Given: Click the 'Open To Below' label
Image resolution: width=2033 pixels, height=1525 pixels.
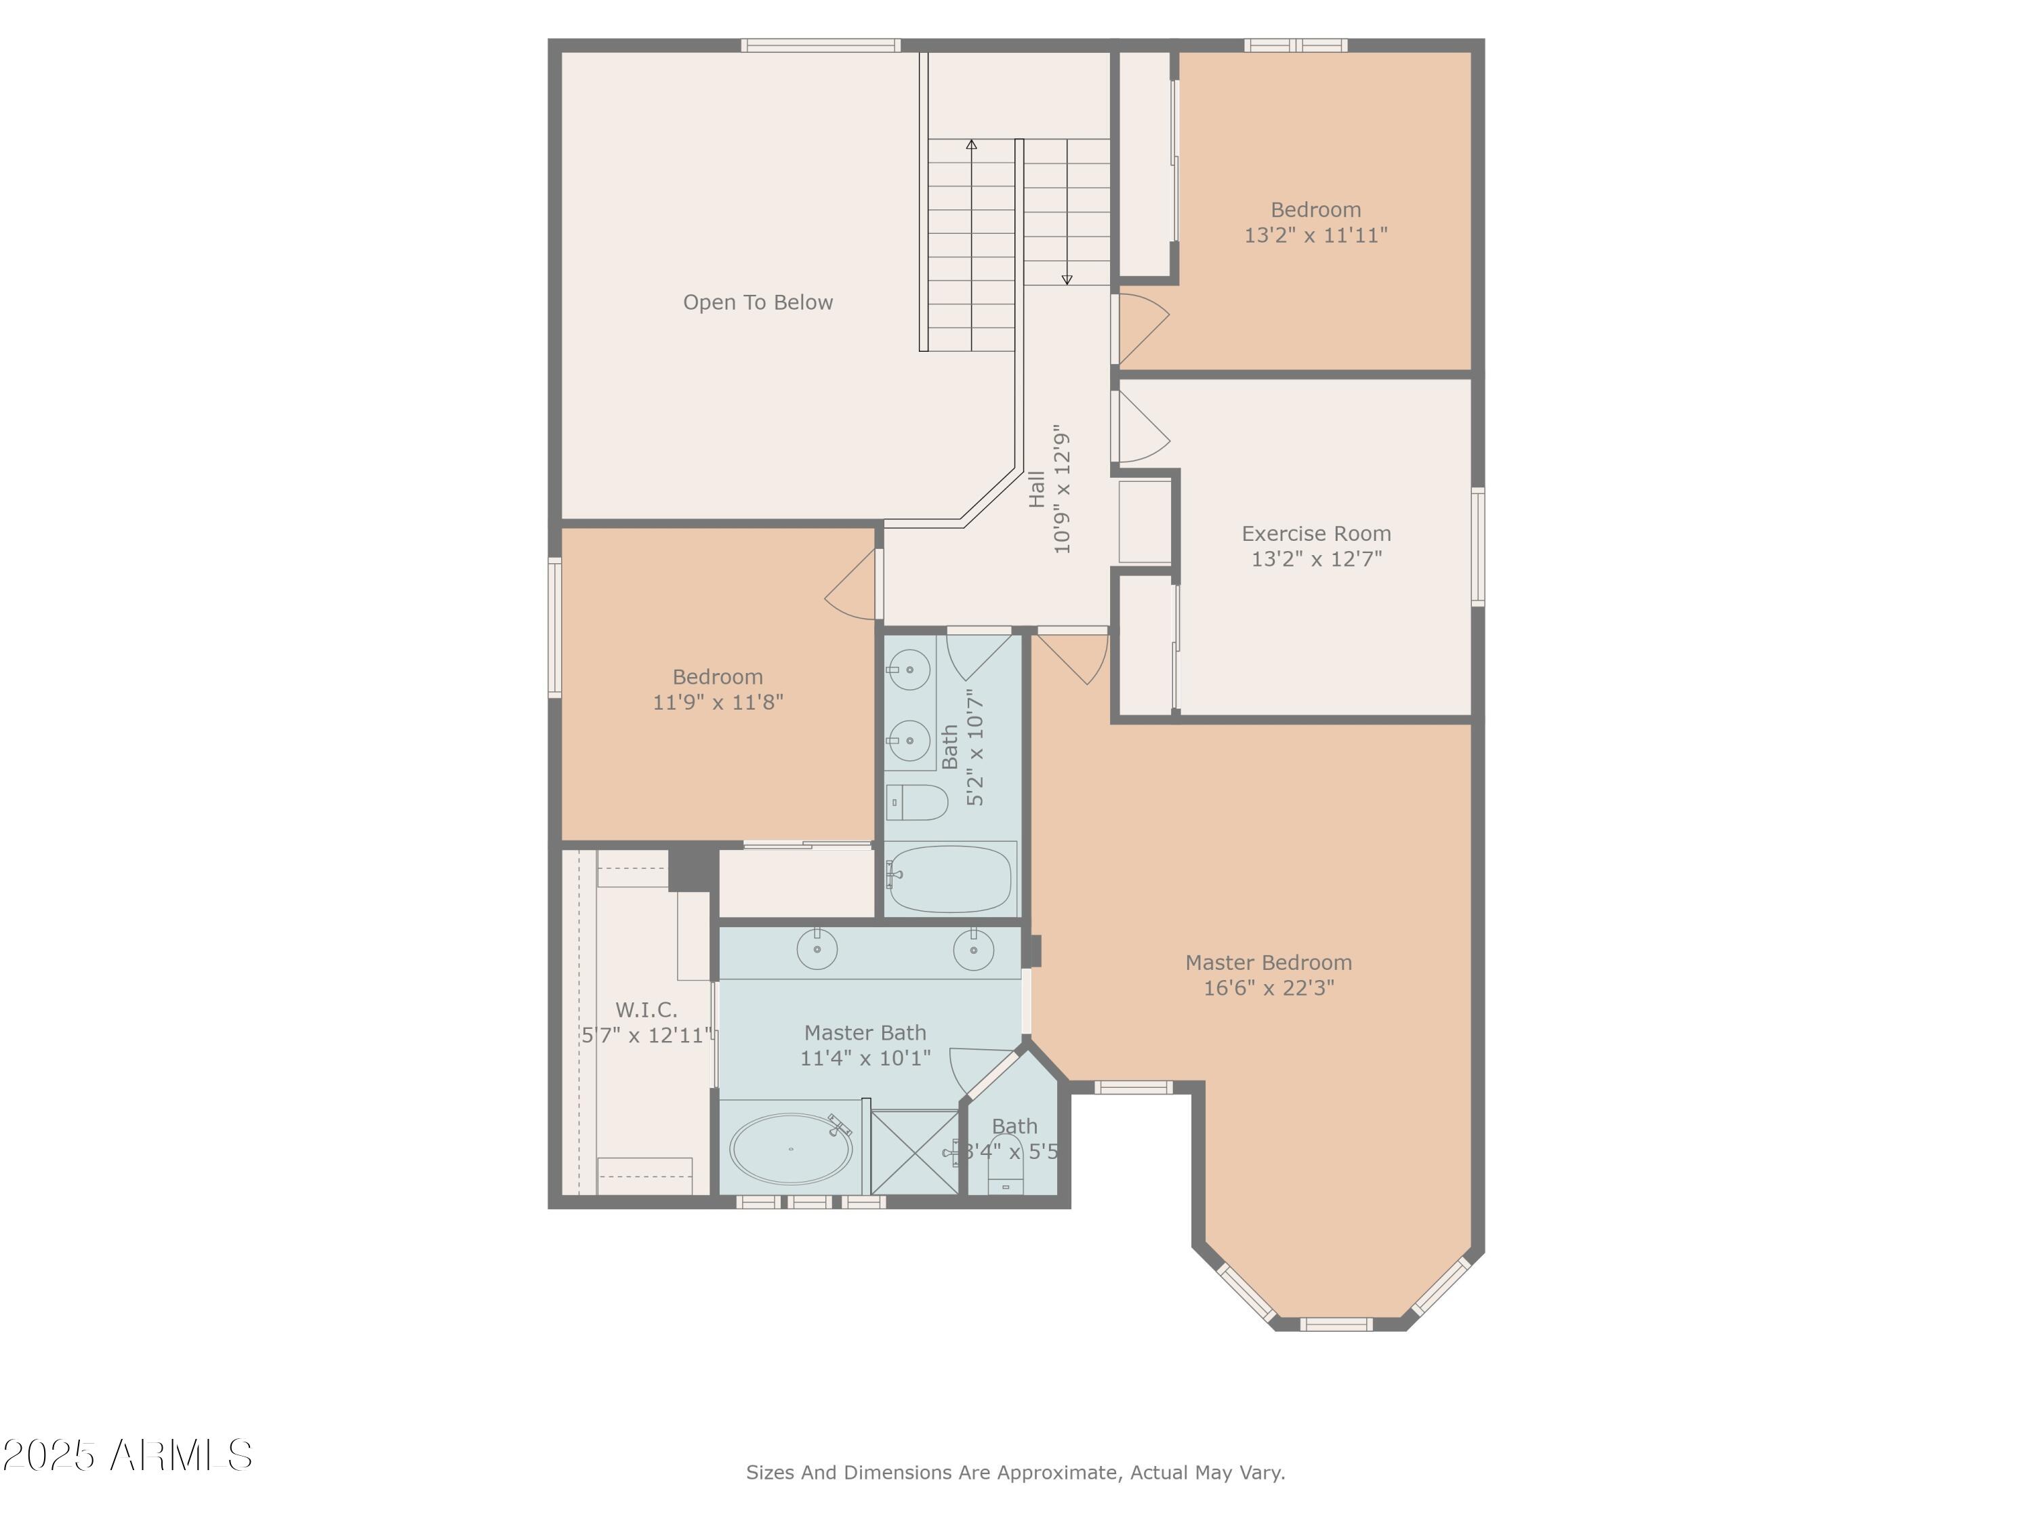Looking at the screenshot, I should (758, 302).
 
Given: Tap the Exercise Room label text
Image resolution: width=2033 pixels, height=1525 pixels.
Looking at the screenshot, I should (1315, 533).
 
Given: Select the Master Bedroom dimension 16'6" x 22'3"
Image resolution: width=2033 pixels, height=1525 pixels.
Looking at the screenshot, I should (1269, 988).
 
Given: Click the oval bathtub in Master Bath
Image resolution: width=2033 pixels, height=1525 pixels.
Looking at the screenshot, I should (790, 1149).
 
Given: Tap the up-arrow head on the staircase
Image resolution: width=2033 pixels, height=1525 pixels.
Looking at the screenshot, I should (972, 144).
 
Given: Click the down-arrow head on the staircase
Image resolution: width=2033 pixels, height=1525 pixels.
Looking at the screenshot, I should (1067, 279).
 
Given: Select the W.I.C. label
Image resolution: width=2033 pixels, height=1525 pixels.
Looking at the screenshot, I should (646, 1009).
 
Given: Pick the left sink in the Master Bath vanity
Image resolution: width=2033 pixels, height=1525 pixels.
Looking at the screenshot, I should (816, 949).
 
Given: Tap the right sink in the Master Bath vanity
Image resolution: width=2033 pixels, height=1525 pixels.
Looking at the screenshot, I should (972, 950).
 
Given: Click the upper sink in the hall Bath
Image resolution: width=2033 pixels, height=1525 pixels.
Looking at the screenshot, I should (909, 669).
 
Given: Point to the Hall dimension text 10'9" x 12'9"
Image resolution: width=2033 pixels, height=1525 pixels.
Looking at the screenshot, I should (1063, 489).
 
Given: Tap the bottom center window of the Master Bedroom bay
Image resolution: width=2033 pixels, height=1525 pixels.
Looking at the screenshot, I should (1336, 1324).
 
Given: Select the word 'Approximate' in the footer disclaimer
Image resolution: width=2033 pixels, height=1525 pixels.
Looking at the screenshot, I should (1057, 1473).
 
